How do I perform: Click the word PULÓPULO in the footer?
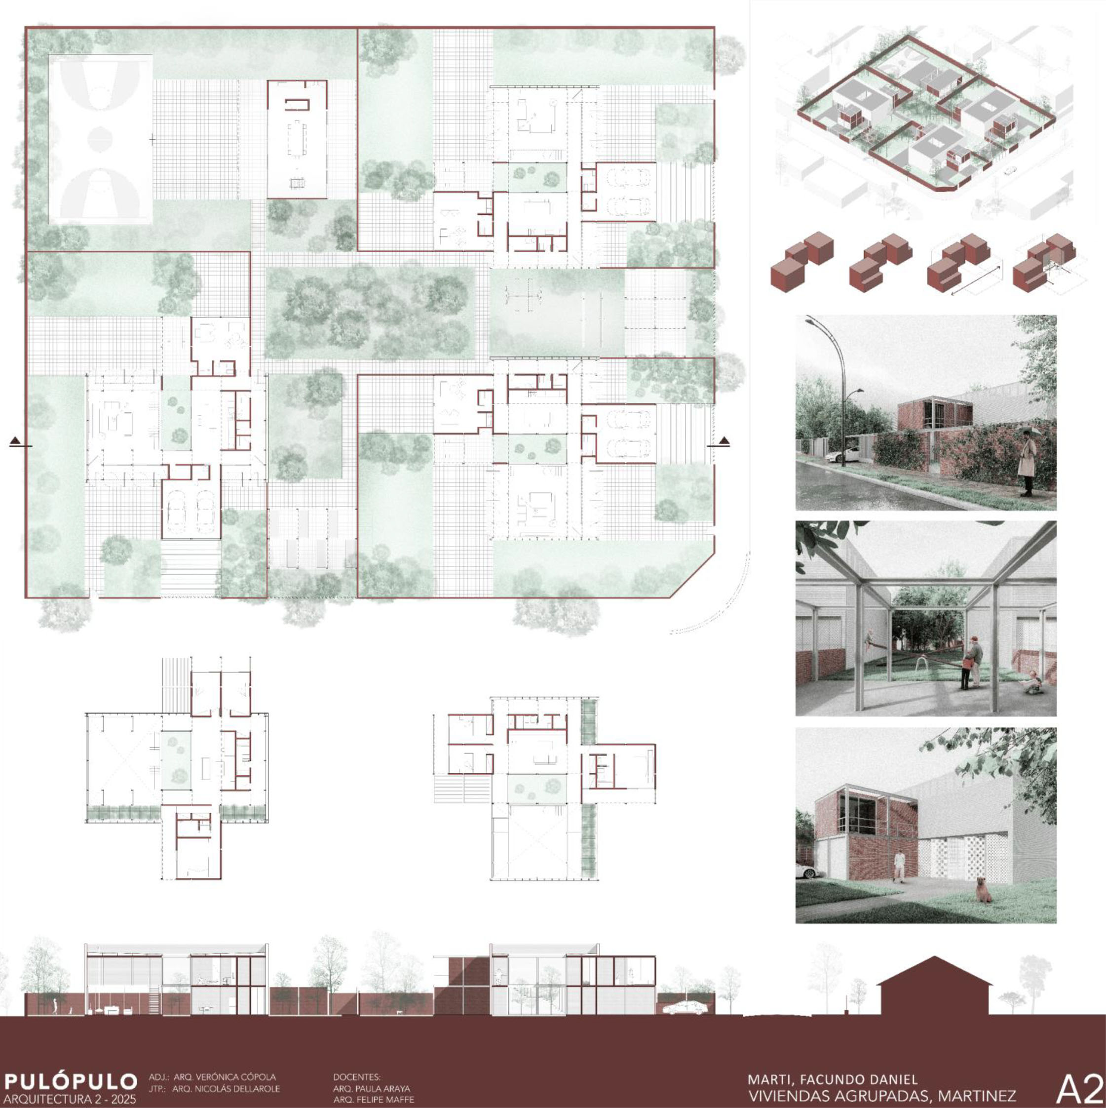point(70,1081)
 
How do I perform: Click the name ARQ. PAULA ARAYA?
point(371,1089)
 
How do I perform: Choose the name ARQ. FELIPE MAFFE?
point(373,1100)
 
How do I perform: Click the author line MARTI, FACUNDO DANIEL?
point(833,1079)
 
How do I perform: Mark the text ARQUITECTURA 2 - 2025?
point(70,1100)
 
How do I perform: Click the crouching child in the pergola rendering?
point(1033,682)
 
